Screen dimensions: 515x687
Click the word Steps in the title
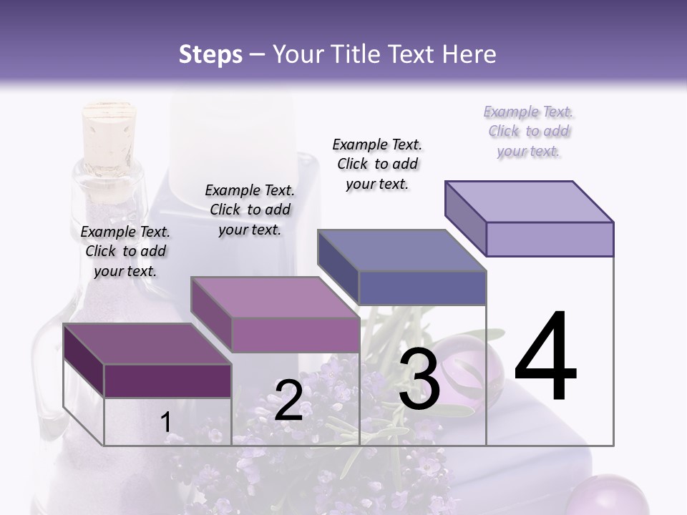(x=210, y=54)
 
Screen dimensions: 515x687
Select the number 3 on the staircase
(x=419, y=379)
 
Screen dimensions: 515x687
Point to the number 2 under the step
(x=288, y=401)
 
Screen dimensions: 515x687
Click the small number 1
(x=165, y=422)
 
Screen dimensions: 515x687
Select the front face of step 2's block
(x=295, y=335)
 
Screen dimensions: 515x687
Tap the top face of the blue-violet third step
(x=401, y=250)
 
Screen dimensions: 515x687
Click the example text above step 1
(x=125, y=251)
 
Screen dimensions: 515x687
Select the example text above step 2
(x=250, y=210)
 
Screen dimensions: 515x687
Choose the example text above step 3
(x=377, y=164)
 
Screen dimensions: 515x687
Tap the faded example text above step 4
(x=529, y=131)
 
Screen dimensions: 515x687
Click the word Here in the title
(x=470, y=54)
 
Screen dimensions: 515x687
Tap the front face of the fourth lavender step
(x=550, y=239)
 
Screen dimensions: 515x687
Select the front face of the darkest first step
(x=167, y=381)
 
